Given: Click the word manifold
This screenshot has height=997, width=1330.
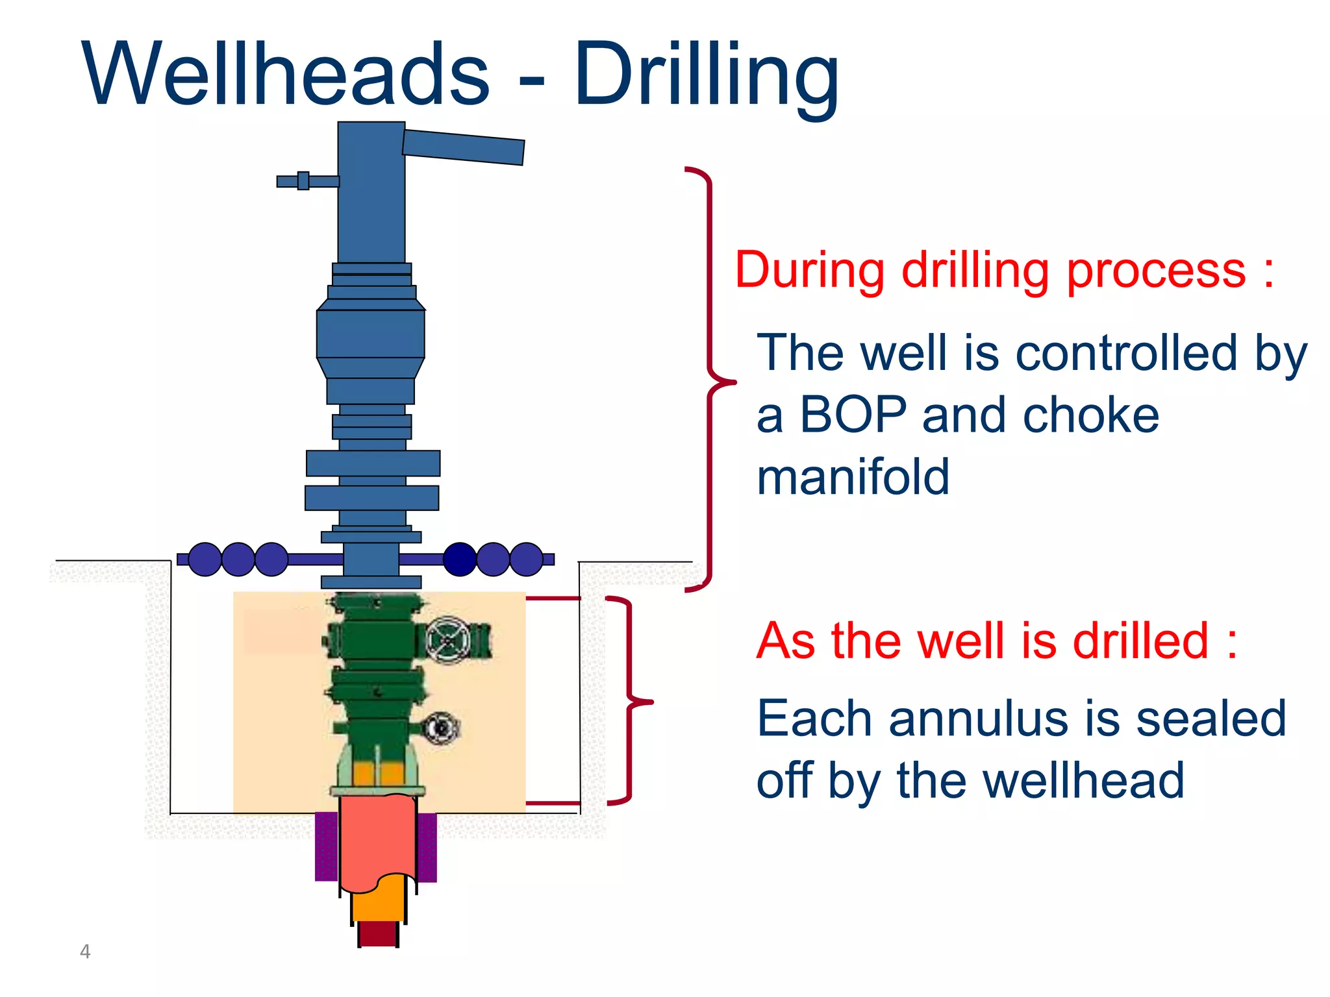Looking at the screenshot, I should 853,477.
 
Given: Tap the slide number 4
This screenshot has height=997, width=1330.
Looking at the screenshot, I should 84,951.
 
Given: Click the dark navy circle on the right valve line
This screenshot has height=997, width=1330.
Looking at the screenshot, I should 460,559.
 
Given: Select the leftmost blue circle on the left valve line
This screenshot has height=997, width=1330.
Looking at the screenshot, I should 205,559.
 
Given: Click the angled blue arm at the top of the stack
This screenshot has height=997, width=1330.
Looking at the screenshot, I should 463,147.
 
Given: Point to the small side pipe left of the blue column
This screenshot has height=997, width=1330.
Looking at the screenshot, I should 305,181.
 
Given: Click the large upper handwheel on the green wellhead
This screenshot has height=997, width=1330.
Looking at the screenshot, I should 447,641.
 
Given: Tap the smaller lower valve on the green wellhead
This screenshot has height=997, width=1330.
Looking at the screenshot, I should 441,728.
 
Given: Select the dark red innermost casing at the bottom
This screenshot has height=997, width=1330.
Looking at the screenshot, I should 378,933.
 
